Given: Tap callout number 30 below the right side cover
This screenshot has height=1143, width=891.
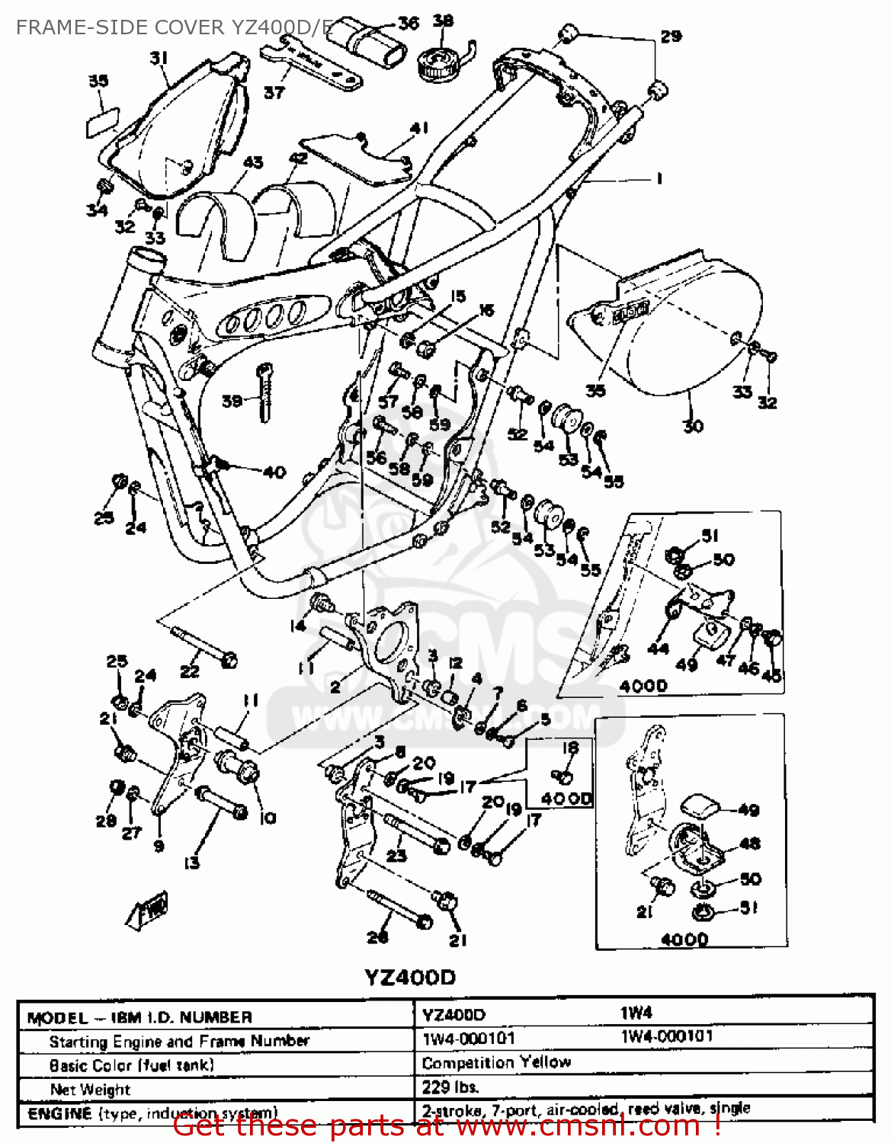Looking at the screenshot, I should [x=692, y=426].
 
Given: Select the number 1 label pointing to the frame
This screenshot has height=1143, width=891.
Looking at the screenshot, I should [x=659, y=178].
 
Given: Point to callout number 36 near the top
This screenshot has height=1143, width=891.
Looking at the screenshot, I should [x=408, y=23].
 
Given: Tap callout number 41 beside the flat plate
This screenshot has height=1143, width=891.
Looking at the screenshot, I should [x=419, y=129].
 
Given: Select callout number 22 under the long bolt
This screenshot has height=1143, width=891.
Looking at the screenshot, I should [x=189, y=671].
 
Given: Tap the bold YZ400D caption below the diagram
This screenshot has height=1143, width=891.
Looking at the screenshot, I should [x=410, y=978].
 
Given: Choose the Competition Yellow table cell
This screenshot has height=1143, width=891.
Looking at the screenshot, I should [x=496, y=1062].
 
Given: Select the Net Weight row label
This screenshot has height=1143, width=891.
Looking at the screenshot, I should [x=90, y=1089].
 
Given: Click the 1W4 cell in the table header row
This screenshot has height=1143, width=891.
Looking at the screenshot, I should [x=636, y=1013].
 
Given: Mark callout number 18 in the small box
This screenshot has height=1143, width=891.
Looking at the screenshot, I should [x=569, y=749].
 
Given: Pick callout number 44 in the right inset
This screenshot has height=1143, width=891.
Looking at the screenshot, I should [x=657, y=648].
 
